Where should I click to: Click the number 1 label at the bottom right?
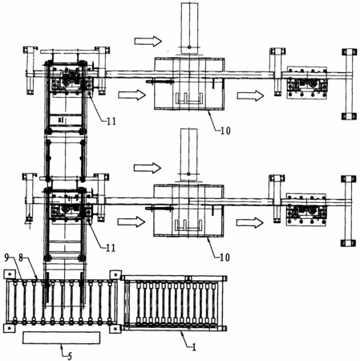click(x=194, y=347)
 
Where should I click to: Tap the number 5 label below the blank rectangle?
click(x=70, y=356)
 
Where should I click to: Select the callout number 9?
click(x=7, y=258)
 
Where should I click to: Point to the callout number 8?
click(x=21, y=258)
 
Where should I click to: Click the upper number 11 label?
click(x=111, y=121)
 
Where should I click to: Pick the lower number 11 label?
click(x=111, y=248)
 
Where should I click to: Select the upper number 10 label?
click(x=225, y=131)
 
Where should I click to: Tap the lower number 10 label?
click(x=224, y=258)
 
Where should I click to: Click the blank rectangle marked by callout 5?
click(x=62, y=338)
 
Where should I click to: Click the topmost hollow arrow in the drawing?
click(x=148, y=41)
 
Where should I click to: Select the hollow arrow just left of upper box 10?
click(x=132, y=95)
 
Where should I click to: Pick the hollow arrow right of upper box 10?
click(x=250, y=95)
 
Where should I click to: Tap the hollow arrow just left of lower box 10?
click(x=131, y=221)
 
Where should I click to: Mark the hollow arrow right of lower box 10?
click(x=250, y=222)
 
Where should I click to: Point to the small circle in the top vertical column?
click(x=189, y=47)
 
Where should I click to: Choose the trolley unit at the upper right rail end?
click(x=307, y=83)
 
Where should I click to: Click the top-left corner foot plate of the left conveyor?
click(x=10, y=274)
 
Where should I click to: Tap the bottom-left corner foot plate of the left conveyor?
click(x=10, y=328)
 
